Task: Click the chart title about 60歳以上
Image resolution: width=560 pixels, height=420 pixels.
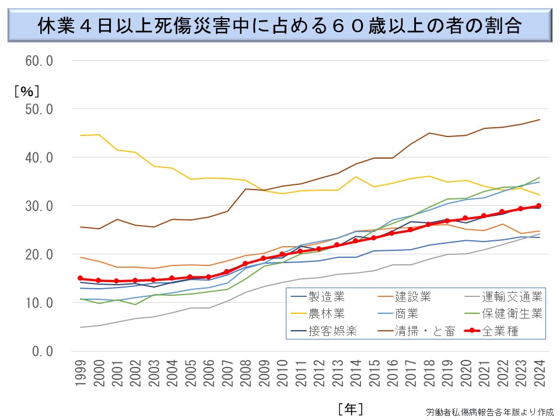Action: click(279, 25)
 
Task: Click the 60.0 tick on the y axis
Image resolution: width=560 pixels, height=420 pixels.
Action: click(38, 61)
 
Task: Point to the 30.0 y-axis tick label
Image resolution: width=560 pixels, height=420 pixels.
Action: click(38, 206)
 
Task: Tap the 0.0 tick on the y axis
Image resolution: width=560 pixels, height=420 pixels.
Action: click(42, 351)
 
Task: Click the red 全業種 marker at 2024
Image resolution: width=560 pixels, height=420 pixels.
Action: click(538, 205)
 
